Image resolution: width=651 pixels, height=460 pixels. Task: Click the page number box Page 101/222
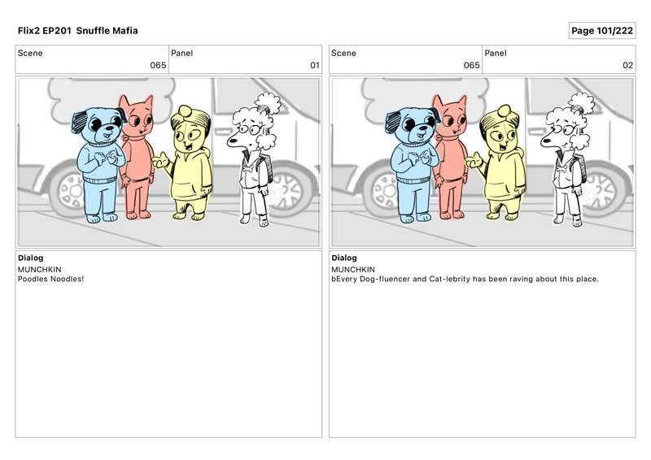tap(602, 31)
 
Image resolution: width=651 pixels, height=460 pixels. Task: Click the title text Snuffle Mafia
tap(107, 31)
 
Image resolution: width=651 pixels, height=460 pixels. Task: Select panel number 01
tap(315, 65)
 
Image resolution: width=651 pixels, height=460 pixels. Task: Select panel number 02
tap(627, 65)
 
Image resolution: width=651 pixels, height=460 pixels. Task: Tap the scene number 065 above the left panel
tap(158, 65)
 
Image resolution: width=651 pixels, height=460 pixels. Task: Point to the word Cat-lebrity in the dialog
tap(449, 279)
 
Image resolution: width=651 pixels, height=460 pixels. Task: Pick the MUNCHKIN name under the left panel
tap(39, 269)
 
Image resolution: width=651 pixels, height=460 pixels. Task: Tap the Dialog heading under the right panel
tap(343, 258)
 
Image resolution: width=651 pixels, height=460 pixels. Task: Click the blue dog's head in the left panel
tap(98, 124)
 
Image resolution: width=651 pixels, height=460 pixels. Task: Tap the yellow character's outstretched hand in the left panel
tap(159, 160)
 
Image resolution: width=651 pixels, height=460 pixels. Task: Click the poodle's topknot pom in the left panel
tap(268, 101)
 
